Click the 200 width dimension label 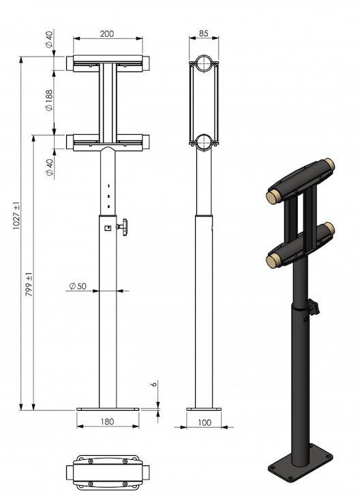pyautogui.click(x=107, y=33)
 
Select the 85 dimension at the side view pyautogui.click(x=203, y=33)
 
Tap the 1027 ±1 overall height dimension pyautogui.click(x=16, y=216)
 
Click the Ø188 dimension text pyautogui.click(x=49, y=100)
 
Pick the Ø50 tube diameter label pyautogui.click(x=78, y=286)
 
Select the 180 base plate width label pyautogui.click(x=107, y=422)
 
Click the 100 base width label pyautogui.click(x=205, y=422)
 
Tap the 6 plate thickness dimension pyautogui.click(x=154, y=384)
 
